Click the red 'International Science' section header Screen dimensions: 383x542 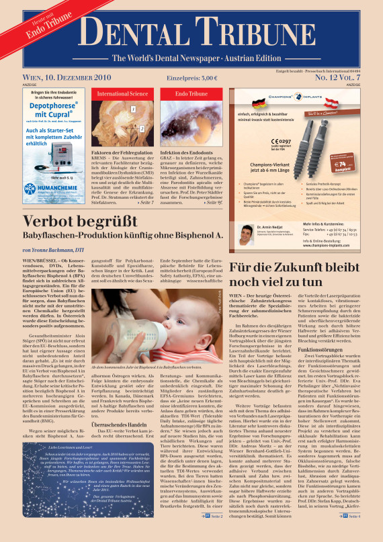[122, 94]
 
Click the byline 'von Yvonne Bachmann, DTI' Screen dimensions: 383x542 [54, 249]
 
